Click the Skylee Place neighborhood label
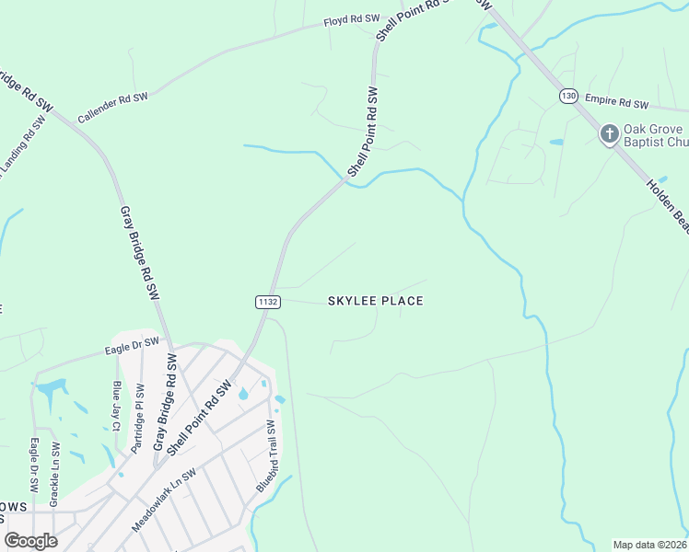click(376, 301)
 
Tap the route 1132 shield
click(267, 301)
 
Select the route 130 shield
click(567, 96)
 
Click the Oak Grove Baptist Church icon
click(609, 135)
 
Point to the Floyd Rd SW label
click(351, 19)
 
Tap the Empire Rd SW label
click(616, 104)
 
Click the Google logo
click(31, 541)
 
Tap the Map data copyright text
click(650, 545)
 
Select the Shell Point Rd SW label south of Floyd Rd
click(363, 132)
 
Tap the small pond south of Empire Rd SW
click(555, 143)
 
